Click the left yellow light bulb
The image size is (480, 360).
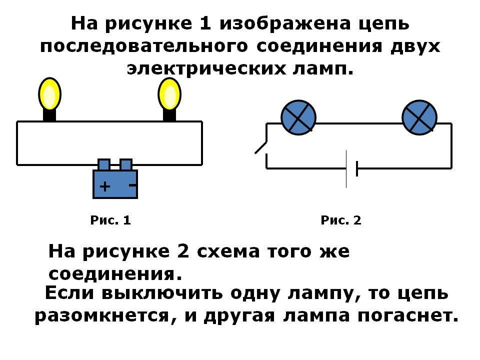pos(49,94)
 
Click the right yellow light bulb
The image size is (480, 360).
pos(169,94)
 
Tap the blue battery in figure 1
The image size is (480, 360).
pos(115,183)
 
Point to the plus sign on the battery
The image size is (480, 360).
pos(104,187)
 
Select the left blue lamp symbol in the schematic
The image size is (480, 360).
pos(298,117)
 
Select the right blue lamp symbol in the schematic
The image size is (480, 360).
pos(419,117)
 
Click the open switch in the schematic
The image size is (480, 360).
pos(261,147)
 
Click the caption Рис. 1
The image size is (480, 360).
pos(110,220)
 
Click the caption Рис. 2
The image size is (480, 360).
pos(340,220)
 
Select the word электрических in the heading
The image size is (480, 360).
pos(207,68)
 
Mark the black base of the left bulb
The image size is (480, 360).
pos(49,114)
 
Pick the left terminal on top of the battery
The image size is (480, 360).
pos(103,164)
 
